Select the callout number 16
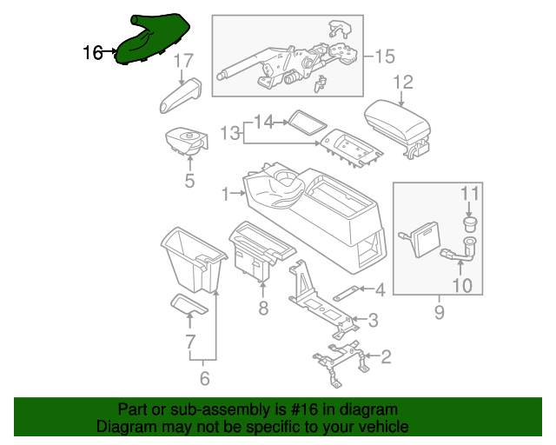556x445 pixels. tap(93, 53)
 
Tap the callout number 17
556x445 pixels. tap(182, 61)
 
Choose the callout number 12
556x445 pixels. tap(402, 83)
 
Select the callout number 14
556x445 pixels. tap(263, 122)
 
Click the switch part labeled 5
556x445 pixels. tap(189, 142)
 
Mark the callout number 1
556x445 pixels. tap(226, 192)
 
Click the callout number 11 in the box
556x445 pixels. tap(469, 192)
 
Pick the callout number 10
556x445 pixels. tap(461, 284)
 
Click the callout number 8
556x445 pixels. tap(263, 309)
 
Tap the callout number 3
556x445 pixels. tap(373, 321)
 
